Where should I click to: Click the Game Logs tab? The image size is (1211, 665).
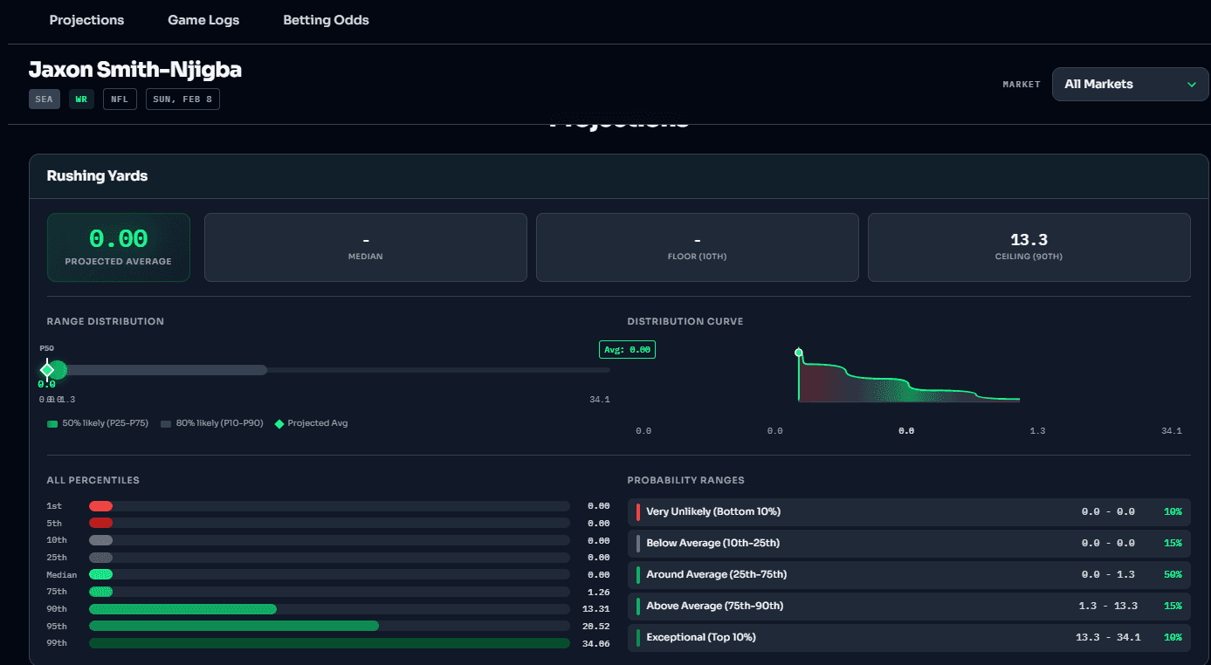(203, 20)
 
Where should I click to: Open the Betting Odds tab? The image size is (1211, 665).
(326, 20)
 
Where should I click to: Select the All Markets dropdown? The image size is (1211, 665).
(1130, 85)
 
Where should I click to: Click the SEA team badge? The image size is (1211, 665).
(45, 99)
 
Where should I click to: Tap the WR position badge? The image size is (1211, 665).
(81, 99)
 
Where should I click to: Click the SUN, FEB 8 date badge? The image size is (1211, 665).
(182, 99)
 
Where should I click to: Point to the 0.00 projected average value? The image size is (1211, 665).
(119, 239)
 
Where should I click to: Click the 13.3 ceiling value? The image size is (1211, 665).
(1029, 240)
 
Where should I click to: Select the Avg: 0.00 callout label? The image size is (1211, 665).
(628, 350)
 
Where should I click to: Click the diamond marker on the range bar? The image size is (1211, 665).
(48, 370)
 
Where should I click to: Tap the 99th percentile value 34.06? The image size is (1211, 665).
(598, 643)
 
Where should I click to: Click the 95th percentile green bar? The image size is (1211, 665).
(234, 626)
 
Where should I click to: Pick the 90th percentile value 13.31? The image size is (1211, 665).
(598, 609)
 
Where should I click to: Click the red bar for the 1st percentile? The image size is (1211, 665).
(100, 506)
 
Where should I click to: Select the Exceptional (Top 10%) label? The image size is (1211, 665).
(701, 637)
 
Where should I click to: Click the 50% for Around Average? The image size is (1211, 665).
(1172, 574)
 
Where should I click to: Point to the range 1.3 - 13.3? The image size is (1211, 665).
(1106, 606)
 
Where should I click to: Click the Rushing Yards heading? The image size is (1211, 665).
(97, 176)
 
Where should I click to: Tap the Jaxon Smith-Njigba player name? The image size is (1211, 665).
(135, 70)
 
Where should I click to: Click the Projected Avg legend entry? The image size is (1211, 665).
(317, 423)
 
